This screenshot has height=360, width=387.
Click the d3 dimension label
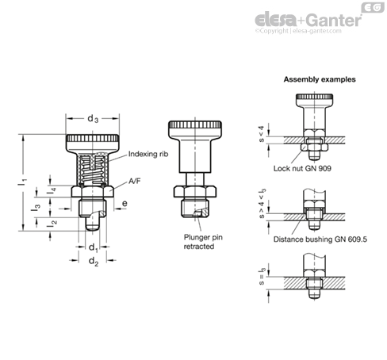93,119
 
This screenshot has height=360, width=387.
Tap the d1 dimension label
94,247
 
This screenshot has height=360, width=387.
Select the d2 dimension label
94,262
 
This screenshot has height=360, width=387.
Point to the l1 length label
22,182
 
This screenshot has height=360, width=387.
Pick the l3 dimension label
36,207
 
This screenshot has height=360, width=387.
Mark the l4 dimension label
52,191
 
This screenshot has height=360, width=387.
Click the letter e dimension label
125,204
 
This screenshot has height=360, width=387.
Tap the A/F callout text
135,181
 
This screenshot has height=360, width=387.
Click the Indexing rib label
148,154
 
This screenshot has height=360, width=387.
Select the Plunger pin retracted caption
203,242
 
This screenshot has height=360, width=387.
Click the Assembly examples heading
320,79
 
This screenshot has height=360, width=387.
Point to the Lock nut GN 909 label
302,168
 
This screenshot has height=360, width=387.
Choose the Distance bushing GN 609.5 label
320,239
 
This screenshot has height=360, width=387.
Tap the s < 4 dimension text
262,134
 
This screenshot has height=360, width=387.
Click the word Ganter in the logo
334,20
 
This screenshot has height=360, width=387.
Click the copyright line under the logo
298,31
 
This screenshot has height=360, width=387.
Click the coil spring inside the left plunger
92,170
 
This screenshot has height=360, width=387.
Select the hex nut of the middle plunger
195,192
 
